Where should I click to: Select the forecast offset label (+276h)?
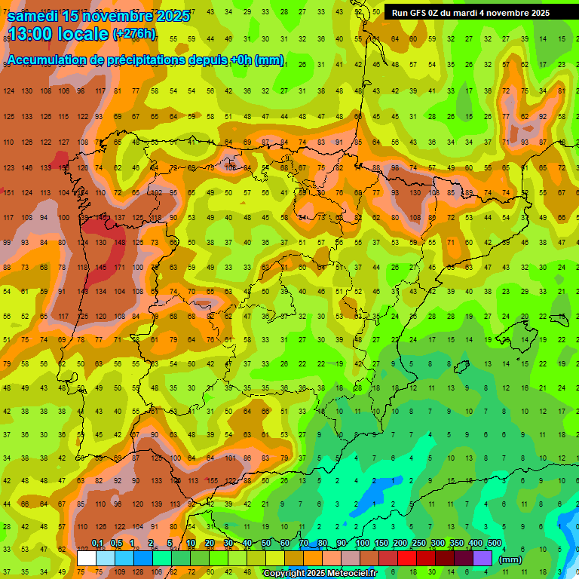(134, 33)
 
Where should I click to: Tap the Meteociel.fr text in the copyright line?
(348, 574)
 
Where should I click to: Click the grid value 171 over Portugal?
(119, 268)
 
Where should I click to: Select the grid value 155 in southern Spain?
(214, 479)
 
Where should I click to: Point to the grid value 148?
(119, 243)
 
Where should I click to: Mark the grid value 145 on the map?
(101, 268)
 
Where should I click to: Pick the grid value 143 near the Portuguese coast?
(83, 291)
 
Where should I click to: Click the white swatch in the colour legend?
(87, 558)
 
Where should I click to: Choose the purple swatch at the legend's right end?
(482, 558)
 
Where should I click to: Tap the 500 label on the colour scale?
(494, 543)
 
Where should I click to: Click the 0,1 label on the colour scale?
(97, 543)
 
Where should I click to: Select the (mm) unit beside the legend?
(510, 559)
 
